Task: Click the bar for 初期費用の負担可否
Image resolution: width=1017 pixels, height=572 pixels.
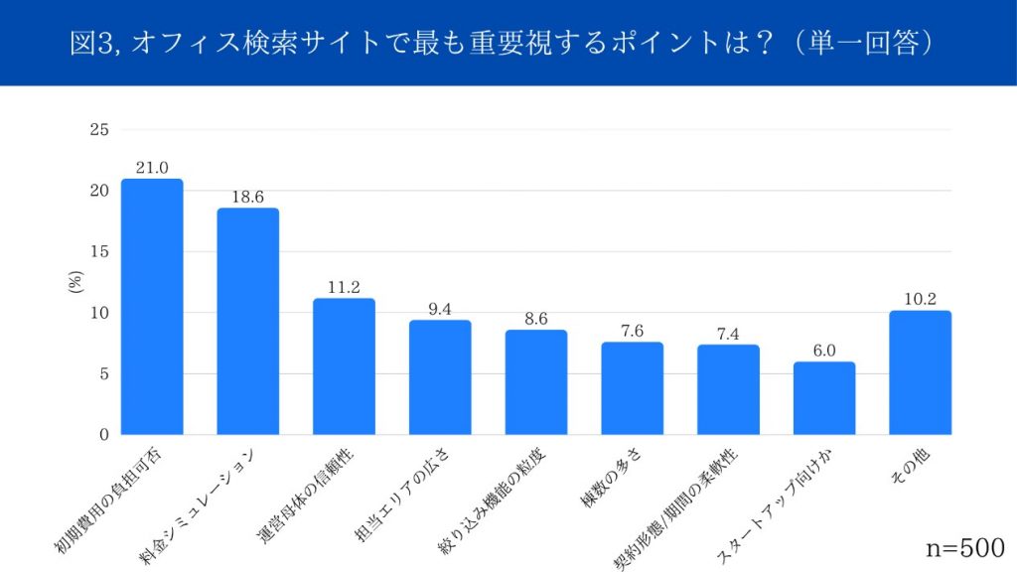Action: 152,307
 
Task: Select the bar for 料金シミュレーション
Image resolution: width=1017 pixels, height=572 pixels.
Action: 248,322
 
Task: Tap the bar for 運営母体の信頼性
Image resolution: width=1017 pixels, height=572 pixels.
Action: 344,366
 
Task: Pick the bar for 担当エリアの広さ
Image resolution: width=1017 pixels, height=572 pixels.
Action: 440,377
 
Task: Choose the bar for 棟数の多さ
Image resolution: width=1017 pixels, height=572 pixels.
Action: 632,388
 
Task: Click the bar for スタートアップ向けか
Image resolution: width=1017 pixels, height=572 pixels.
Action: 824,398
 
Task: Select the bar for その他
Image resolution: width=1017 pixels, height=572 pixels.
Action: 920,372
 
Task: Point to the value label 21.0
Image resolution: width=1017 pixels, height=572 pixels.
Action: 152,168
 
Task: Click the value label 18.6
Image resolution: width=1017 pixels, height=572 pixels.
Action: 248,198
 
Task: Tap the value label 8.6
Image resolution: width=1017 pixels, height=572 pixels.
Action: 536,320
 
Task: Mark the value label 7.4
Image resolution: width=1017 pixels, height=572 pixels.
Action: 728,334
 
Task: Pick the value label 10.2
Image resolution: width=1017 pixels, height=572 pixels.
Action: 920,300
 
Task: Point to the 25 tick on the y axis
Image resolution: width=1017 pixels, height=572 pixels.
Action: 98,129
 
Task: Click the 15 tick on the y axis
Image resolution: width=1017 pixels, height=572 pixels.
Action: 98,251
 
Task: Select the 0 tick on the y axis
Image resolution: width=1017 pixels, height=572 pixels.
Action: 102,435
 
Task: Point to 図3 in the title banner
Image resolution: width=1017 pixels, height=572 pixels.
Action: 92,45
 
